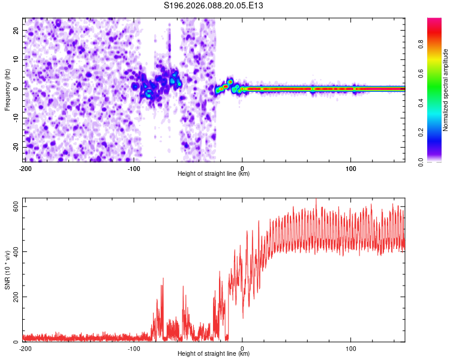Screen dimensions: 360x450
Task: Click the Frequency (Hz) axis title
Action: (7, 90)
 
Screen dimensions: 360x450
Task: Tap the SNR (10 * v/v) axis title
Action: (7, 271)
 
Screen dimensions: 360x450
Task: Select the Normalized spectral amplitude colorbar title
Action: (446, 90)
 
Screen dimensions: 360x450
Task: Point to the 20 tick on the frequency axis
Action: (17, 30)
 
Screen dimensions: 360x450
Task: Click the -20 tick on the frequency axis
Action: (16, 147)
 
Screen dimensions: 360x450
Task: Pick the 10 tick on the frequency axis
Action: (17, 59)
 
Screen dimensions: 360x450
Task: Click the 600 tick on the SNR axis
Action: (14, 206)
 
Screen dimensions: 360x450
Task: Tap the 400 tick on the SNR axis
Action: (14, 251)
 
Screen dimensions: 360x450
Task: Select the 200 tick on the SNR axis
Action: (14, 297)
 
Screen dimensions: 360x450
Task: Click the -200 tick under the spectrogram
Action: (25, 168)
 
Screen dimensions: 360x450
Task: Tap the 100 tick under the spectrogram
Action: (351, 168)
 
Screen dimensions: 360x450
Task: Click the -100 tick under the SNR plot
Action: (134, 348)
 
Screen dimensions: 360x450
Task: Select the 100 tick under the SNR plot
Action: (351, 348)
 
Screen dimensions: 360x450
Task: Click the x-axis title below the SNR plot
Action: (214, 354)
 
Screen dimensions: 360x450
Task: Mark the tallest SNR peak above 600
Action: (316, 200)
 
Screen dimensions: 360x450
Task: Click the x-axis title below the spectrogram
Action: (214, 174)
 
